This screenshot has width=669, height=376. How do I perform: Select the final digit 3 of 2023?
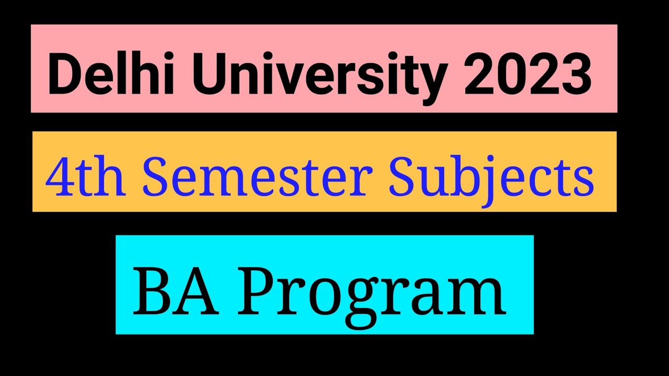(575, 76)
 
